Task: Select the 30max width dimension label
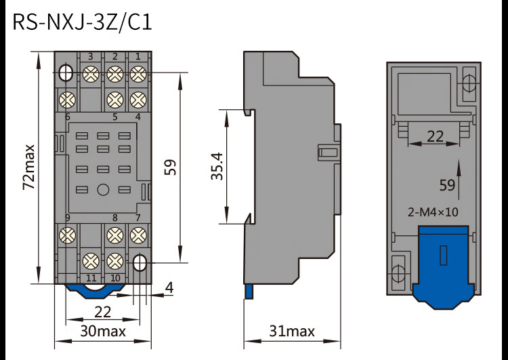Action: click(103, 331)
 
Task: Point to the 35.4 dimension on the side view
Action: click(216, 166)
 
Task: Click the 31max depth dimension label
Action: click(292, 331)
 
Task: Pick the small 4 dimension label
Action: click(169, 288)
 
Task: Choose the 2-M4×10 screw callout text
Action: click(433, 212)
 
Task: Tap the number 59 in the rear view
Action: click(447, 184)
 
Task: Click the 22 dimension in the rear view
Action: click(435, 136)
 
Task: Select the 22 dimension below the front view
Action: click(102, 312)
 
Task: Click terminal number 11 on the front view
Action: click(91, 278)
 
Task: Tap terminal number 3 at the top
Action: click(91, 56)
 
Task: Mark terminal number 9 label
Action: click(68, 218)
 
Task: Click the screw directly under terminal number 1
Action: click(137, 73)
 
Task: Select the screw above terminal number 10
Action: click(114, 260)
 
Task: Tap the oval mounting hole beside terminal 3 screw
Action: click(67, 72)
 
